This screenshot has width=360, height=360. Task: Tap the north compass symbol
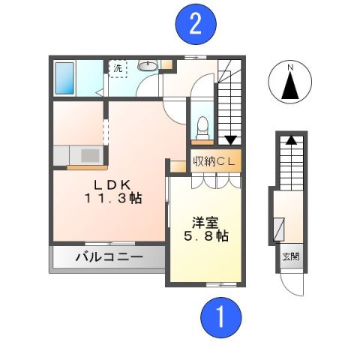pos(289,82)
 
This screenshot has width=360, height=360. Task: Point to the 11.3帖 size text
pos(113,199)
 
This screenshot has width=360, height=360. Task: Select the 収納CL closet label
pos(215,161)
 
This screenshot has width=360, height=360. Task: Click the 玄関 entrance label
pos(290,256)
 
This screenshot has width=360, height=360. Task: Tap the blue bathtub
pos(65,76)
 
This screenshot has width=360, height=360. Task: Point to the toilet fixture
pos(200,129)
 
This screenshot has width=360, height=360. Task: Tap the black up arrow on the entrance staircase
pos(289,139)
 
